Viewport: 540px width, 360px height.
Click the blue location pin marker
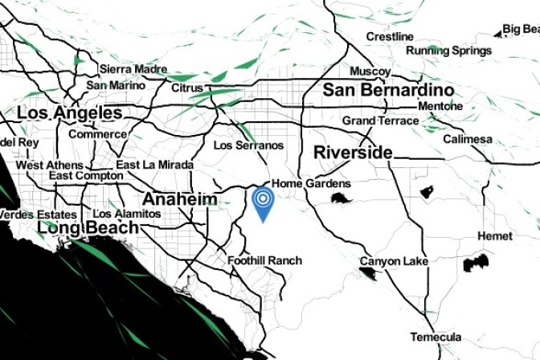point(263,202)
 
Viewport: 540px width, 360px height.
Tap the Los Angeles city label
point(70,113)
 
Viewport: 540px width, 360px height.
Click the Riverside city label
point(353,153)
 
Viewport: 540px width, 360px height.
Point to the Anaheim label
point(180,198)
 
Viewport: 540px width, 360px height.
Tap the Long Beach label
point(88,228)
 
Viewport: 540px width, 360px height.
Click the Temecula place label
point(436,337)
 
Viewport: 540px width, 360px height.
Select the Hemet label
point(494,236)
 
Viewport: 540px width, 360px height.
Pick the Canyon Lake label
point(394,261)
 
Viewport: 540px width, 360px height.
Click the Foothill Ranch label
point(264,260)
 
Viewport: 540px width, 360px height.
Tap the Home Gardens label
point(311,183)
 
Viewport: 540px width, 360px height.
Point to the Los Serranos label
point(249,145)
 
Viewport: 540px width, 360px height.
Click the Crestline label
point(390,37)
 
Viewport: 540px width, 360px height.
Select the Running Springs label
point(448,51)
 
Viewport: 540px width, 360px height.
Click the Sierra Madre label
point(133,69)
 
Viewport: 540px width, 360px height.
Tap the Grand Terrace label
point(380,121)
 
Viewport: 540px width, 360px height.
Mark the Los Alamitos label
point(127,214)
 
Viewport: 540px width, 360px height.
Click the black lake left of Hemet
point(477,262)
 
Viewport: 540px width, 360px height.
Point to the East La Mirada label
point(155,165)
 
